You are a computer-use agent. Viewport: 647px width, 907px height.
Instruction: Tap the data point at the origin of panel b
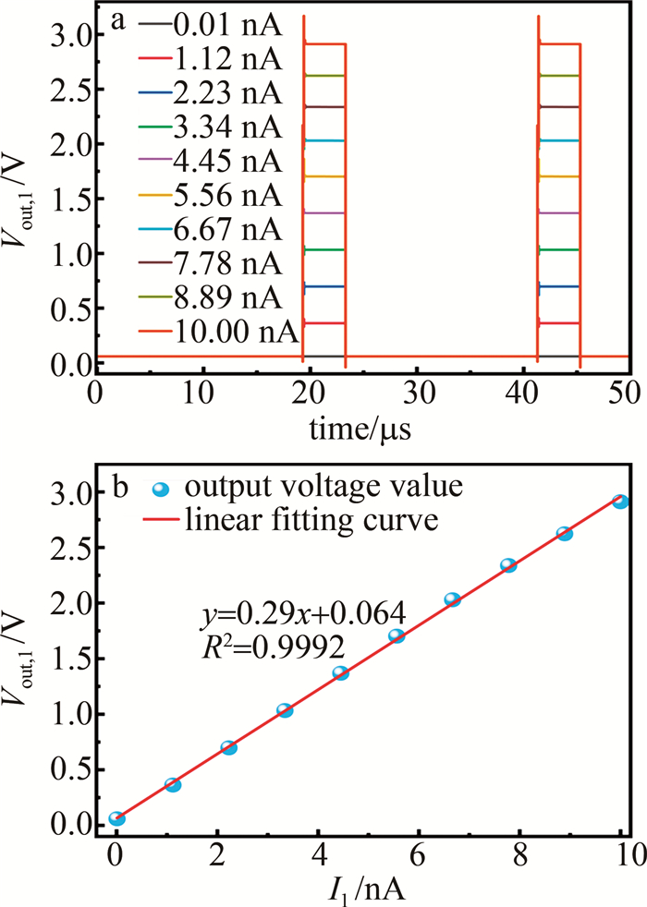coord(116,818)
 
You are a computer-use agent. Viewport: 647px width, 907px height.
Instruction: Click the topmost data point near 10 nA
coord(620,502)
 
